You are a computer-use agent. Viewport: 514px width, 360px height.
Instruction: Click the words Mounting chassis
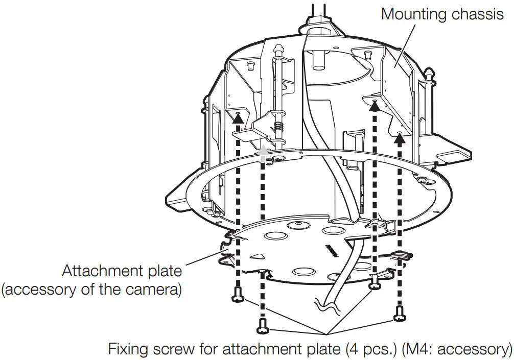[442, 14]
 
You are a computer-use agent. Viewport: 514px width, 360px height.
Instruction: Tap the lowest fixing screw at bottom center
[263, 324]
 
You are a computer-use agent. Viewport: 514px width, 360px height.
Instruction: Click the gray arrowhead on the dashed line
[263, 149]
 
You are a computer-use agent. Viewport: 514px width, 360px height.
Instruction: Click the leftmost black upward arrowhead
[238, 117]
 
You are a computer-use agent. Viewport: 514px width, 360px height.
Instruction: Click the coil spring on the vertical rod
[278, 127]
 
